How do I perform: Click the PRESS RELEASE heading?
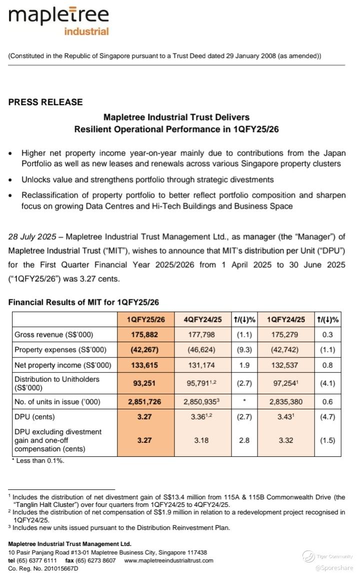[45, 102]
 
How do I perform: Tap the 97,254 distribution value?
[285, 383]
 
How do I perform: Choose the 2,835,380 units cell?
[286, 401]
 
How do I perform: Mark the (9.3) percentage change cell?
[244, 350]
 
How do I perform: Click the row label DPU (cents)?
[34, 416]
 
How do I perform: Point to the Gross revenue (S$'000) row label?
[53, 335]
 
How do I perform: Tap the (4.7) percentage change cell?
[327, 416]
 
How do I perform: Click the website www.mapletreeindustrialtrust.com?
[168, 560]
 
